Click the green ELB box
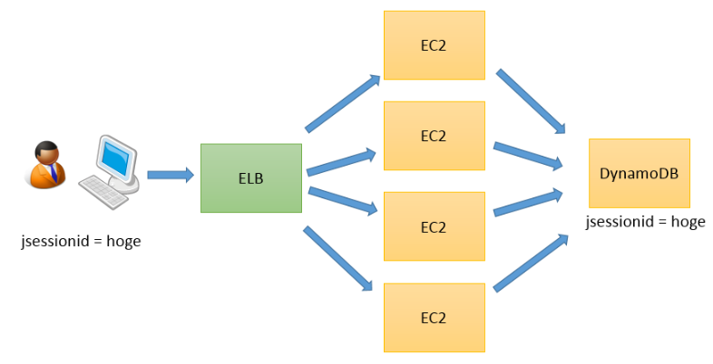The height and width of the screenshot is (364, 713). point(251,178)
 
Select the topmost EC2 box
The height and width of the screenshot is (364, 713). point(434,45)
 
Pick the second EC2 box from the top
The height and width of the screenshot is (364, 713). point(434,136)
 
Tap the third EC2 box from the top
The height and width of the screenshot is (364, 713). point(434,225)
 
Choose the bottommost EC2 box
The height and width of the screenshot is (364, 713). point(434,317)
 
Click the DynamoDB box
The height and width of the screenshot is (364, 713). point(639,172)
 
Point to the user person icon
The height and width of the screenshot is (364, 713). point(44,164)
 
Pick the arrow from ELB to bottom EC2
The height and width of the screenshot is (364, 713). point(338,259)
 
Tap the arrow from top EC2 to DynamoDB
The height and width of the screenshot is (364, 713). point(533,101)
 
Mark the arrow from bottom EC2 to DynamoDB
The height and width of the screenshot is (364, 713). point(532,263)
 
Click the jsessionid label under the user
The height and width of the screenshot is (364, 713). point(54,242)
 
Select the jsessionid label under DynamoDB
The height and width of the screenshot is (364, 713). point(620,222)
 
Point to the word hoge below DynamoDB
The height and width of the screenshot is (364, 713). point(687,222)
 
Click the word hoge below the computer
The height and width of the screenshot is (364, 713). point(121,242)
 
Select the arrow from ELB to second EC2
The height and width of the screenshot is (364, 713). point(341,160)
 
